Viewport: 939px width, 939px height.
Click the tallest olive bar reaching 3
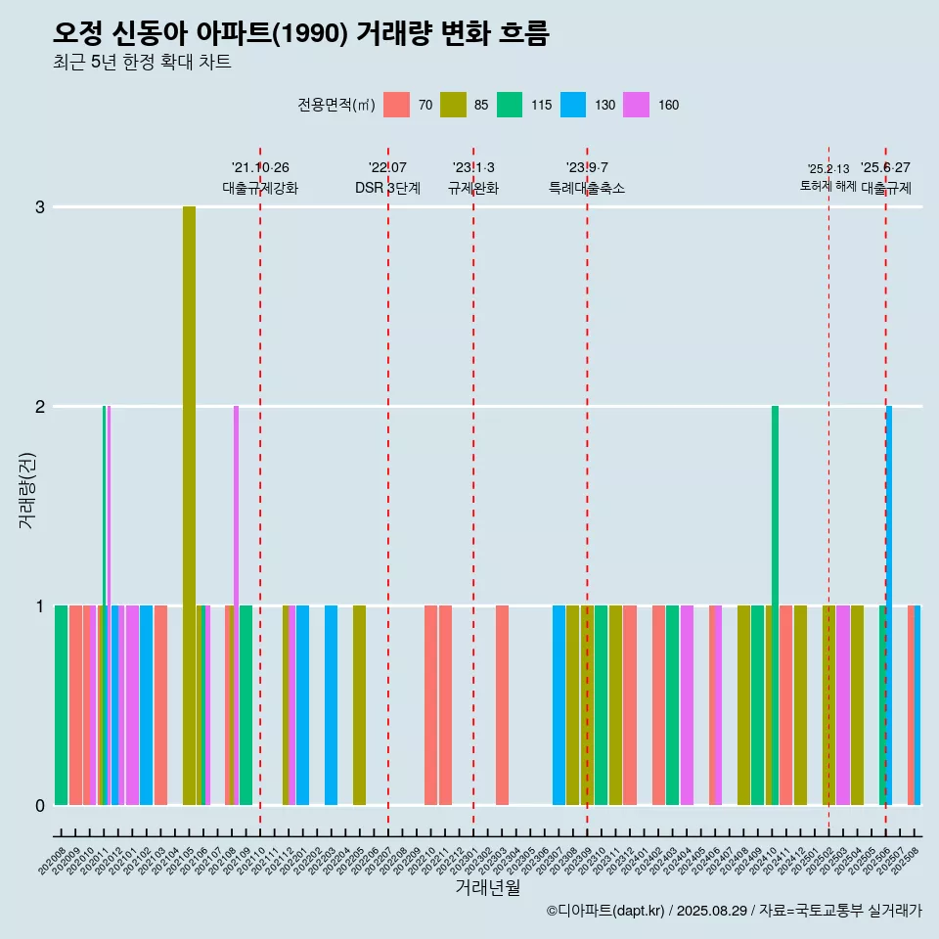point(189,489)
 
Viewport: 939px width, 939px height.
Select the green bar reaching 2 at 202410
point(775,587)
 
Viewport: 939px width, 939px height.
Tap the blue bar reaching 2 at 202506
point(889,587)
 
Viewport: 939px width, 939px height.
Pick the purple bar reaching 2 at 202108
point(236,587)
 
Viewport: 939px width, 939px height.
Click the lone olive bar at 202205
point(359,704)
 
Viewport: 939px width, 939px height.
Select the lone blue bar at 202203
point(331,704)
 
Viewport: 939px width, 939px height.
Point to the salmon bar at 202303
point(502,704)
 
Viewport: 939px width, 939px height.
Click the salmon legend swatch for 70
point(396,105)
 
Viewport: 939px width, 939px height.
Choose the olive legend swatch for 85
point(453,105)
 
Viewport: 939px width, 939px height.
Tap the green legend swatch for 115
point(510,105)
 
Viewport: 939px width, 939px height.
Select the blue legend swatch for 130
point(573,105)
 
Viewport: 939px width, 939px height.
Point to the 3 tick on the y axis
point(40,207)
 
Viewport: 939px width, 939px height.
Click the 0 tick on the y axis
point(40,805)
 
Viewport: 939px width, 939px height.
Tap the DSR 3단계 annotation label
point(387,188)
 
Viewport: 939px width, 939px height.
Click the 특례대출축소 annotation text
point(587,188)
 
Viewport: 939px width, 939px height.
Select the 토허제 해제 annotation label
point(828,186)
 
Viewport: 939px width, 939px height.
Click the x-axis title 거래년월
point(487,887)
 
